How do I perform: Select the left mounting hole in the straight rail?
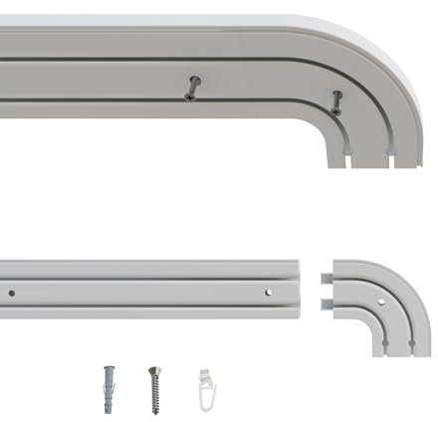[12, 293]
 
